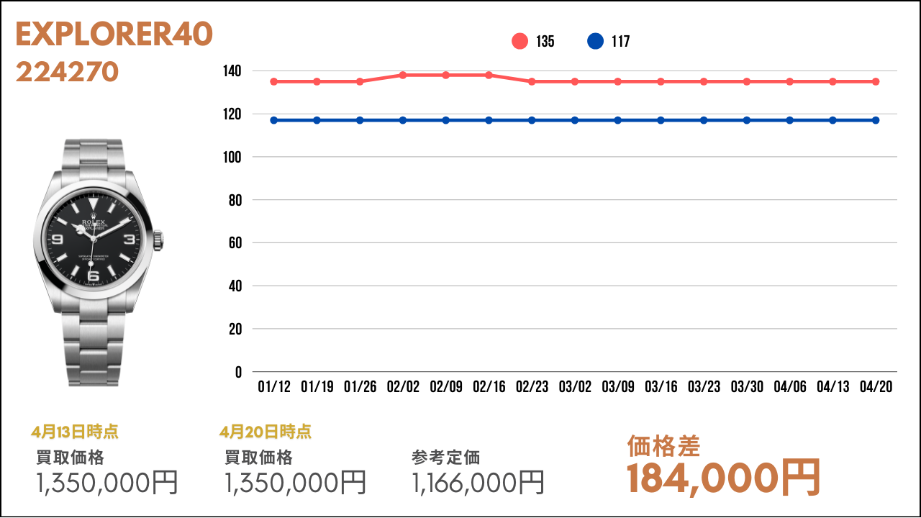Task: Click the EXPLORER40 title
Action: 114,35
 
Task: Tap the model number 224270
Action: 67,72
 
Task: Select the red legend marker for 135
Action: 520,42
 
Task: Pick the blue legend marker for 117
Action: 595,42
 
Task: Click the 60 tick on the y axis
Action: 235,243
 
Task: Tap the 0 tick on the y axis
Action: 238,372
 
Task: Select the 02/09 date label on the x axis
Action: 445,387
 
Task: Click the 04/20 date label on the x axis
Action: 876,387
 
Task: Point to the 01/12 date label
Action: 274,387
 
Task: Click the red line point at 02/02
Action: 403,75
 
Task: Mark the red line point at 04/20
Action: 876,81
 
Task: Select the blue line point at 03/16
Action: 661,120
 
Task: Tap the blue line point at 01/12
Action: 274,120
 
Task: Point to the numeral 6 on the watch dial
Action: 91,275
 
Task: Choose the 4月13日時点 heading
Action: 75,432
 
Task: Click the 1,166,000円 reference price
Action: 478,482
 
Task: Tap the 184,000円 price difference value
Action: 723,478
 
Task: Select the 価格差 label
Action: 663,446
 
